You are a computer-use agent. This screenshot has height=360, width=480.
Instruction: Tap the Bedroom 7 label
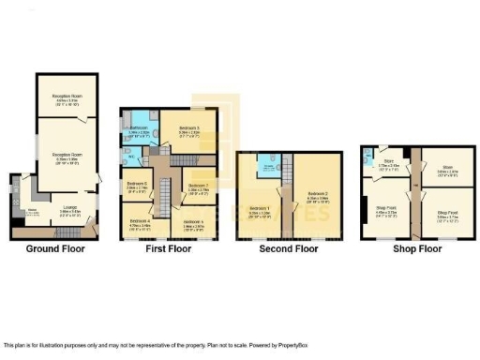coord(198,186)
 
